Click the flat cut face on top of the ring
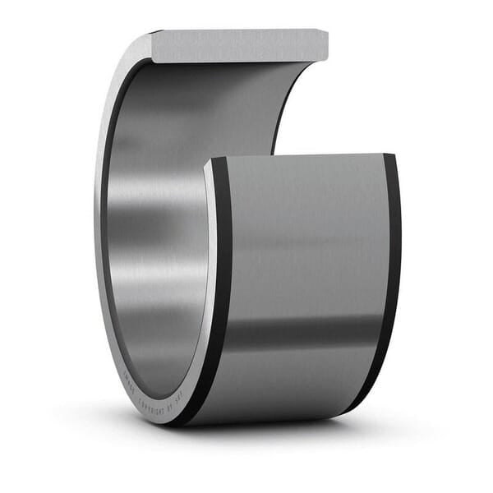(238, 46)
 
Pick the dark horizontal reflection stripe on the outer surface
(304, 333)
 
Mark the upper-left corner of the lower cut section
(207, 162)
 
